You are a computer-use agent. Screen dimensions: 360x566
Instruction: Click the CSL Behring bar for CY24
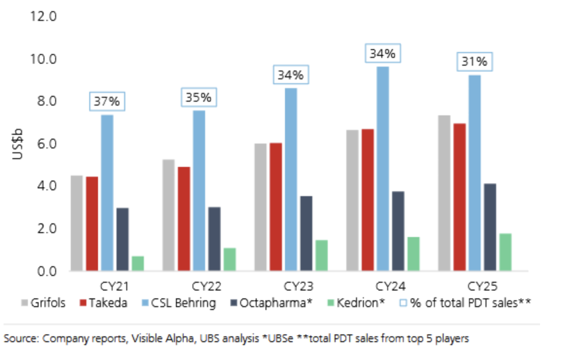[x=383, y=169]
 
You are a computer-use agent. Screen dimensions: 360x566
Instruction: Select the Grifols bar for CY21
[x=76, y=223]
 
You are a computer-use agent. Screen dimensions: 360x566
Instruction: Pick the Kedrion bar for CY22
[x=229, y=259]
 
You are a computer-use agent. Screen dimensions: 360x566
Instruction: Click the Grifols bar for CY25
[x=444, y=193]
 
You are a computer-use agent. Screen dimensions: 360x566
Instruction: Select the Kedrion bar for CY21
[x=138, y=263]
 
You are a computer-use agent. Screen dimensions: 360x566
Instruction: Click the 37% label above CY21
[x=107, y=101]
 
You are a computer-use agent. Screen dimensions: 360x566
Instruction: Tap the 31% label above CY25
[x=475, y=62]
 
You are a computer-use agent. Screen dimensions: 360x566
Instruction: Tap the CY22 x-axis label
[x=207, y=286]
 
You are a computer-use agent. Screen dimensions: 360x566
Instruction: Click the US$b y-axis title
[x=17, y=143]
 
